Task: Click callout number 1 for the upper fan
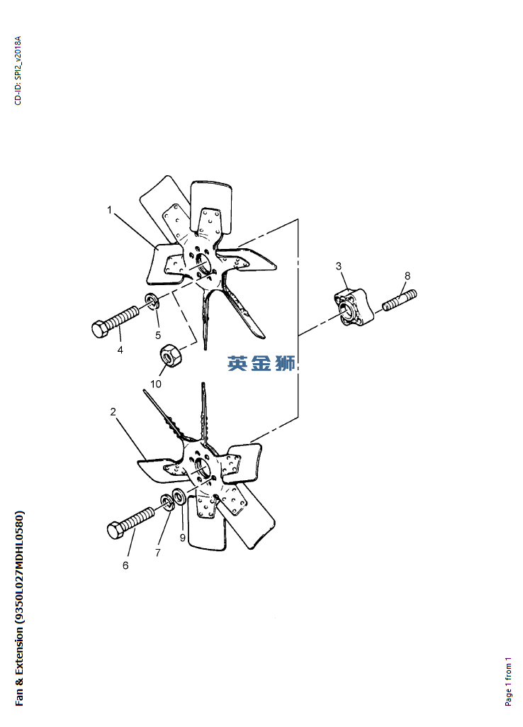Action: click(x=110, y=210)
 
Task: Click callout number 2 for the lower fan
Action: click(x=113, y=411)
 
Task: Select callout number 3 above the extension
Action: click(x=339, y=266)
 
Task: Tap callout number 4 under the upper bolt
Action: click(x=120, y=350)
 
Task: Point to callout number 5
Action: click(x=158, y=335)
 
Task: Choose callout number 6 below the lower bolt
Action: click(x=125, y=565)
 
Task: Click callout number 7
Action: click(x=158, y=553)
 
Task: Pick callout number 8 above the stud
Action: click(x=407, y=276)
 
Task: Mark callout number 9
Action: click(x=183, y=538)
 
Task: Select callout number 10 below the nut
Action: click(x=156, y=384)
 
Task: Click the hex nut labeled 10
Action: click(x=170, y=356)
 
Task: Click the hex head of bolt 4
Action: click(x=100, y=329)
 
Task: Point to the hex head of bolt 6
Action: click(x=116, y=530)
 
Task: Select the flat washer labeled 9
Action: click(x=179, y=496)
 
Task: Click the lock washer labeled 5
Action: click(x=152, y=301)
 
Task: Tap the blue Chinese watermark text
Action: click(x=261, y=363)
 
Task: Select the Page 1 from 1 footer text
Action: click(x=508, y=682)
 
